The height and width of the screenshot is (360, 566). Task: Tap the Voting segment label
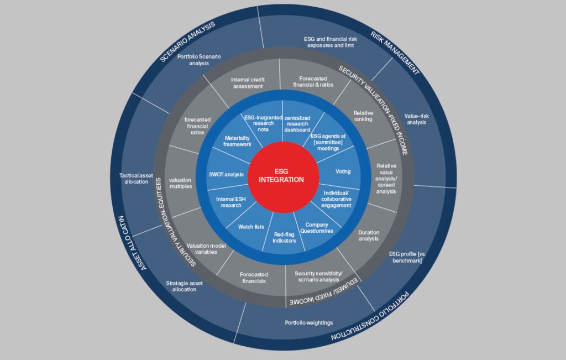(343, 171)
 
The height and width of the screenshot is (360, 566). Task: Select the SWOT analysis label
(226, 175)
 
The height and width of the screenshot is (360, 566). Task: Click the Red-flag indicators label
(285, 237)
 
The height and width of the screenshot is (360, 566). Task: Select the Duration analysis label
(369, 236)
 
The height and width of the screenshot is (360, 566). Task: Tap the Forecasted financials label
(254, 278)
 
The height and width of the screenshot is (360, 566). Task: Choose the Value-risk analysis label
(416, 118)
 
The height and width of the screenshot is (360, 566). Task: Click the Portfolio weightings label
(308, 322)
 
